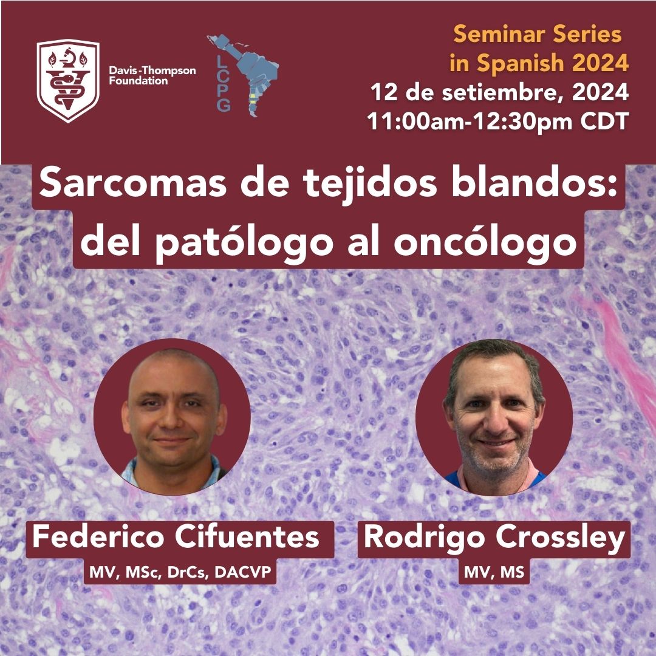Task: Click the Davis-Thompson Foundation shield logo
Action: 68,80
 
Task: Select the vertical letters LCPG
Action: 224,84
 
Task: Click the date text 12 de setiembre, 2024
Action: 499,92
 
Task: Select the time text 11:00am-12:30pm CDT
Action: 498,121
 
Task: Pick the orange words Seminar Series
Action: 538,34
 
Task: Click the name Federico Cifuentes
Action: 176,536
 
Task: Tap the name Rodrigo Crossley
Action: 494,537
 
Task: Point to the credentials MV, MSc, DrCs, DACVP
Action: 180,572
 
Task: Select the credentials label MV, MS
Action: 494,572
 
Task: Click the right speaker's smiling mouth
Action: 496,443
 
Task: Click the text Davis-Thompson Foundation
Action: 152,75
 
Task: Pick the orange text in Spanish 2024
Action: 539,63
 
